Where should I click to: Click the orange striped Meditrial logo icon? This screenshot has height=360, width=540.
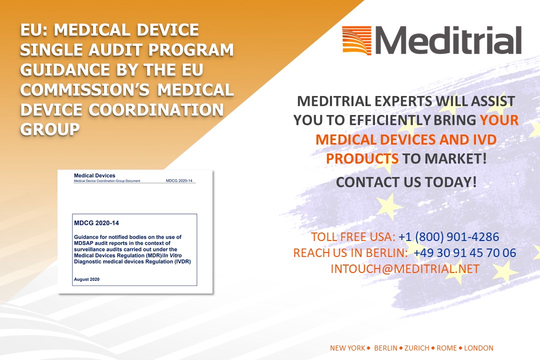(357, 40)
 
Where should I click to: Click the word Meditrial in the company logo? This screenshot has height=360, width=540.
(448, 40)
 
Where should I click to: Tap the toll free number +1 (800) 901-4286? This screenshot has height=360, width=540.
(448, 237)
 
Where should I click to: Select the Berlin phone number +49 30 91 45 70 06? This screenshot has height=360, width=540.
(464, 253)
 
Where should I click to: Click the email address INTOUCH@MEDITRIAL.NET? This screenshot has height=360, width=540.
(405, 268)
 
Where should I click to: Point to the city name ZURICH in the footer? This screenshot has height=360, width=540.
(416, 348)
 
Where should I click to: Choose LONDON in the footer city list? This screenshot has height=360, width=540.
(478, 348)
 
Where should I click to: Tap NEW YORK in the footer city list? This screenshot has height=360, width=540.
(347, 348)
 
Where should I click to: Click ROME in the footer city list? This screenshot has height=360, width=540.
(446, 348)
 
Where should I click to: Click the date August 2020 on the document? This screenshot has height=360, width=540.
(87, 279)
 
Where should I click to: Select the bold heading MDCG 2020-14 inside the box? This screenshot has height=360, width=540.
(96, 223)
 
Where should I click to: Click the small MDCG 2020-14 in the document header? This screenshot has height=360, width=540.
(179, 180)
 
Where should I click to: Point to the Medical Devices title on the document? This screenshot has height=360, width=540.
(94, 175)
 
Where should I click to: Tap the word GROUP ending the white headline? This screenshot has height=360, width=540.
(50, 129)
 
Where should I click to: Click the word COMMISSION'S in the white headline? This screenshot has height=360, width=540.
(85, 90)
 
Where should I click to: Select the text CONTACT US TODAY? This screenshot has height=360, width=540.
(406, 182)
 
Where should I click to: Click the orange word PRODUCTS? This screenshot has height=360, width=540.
(362, 159)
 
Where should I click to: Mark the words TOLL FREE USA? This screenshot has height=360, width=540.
(353, 237)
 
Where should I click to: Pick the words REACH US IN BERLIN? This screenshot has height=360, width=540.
(350, 253)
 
